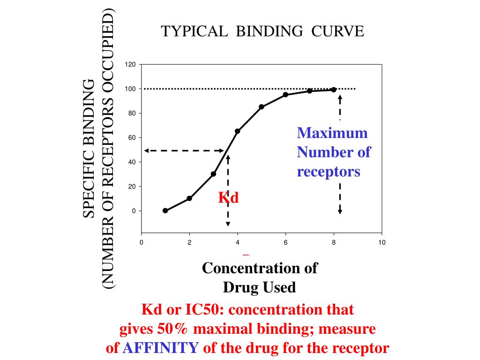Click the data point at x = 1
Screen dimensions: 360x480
tap(165, 210)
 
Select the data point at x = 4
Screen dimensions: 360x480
tap(237, 131)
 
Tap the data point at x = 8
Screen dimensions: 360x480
tap(334, 90)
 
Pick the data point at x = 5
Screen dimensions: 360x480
tap(262, 107)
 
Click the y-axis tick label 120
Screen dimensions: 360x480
tap(130, 65)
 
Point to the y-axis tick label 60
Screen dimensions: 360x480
tap(132, 138)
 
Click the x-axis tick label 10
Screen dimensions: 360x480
tap(382, 242)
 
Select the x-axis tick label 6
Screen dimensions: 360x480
tap(285, 242)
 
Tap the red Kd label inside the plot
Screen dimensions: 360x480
tap(228, 198)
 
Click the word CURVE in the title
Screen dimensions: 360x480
tap(338, 31)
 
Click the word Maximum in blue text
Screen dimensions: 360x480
tap(332, 133)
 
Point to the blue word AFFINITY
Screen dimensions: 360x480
tap(161, 348)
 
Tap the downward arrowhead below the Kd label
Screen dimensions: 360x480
tap(228, 224)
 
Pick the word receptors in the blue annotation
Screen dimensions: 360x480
tap(329, 171)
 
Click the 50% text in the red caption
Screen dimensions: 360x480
tap(175, 329)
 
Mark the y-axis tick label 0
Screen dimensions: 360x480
tap(134, 211)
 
